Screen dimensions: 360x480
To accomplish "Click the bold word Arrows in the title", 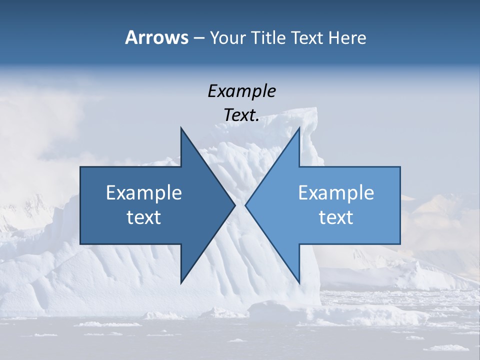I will coord(156,37).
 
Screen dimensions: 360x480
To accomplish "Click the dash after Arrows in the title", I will coord(198,38).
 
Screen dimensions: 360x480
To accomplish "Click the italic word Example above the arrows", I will coord(241,91).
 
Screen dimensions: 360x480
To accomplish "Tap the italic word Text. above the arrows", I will coord(241,115).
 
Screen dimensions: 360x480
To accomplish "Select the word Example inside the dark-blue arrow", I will coord(144,192).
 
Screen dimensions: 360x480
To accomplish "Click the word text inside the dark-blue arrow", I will coord(144,217).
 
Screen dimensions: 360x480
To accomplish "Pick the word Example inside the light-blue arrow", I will coord(336,192).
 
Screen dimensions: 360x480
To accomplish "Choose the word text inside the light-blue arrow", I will coord(336,217).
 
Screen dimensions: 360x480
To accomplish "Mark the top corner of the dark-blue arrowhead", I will coord(181,128).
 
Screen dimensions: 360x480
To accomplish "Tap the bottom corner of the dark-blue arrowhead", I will coord(181,283).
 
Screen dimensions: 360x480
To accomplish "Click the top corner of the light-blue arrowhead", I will coord(299,128).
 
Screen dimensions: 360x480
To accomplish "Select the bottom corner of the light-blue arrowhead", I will coord(299,283).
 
